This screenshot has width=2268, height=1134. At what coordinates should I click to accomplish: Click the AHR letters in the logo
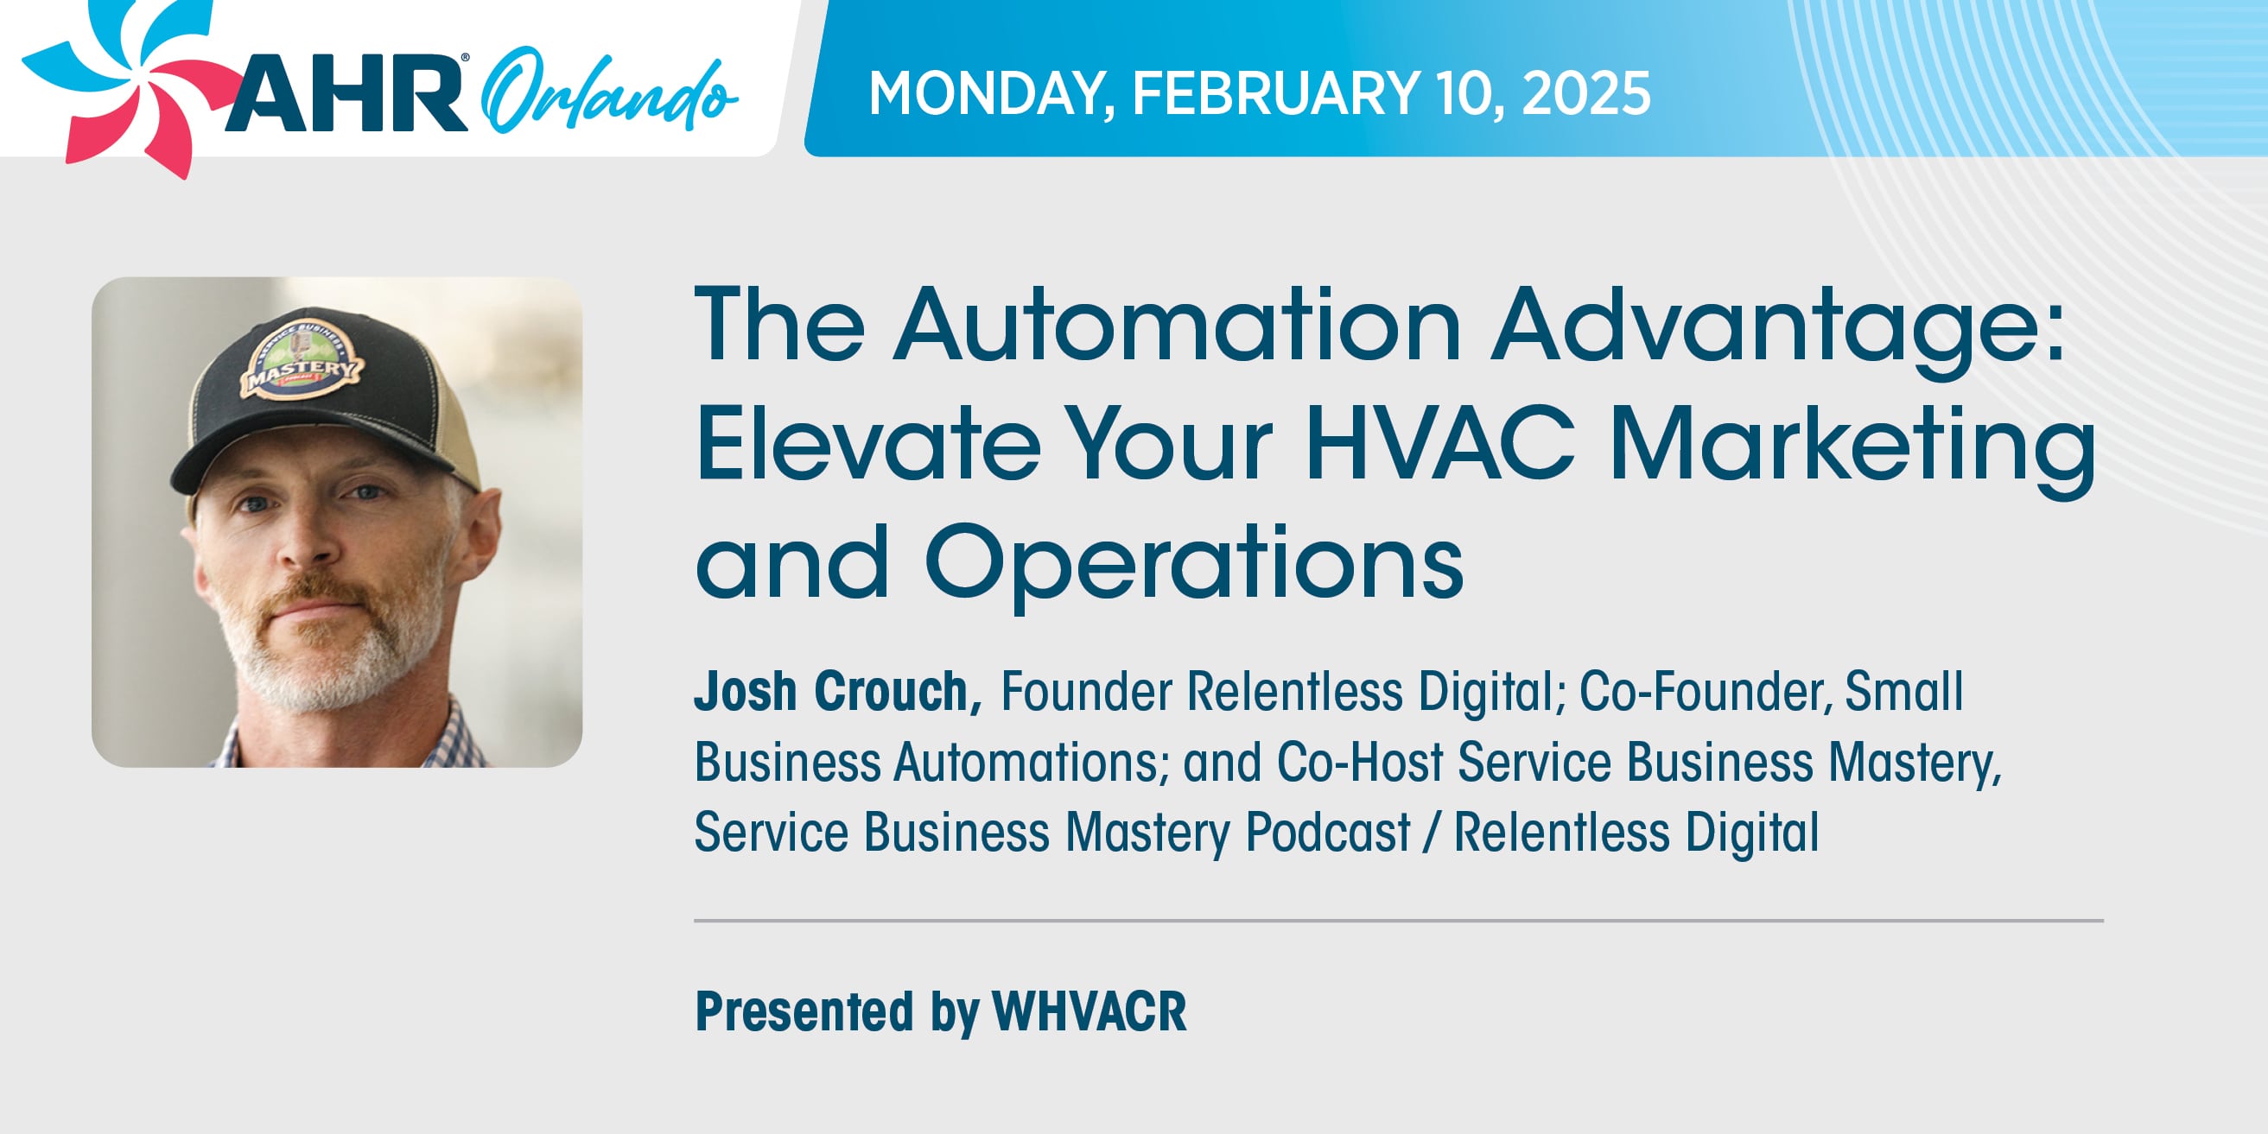345,93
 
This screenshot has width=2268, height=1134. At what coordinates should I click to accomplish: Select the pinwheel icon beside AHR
128,84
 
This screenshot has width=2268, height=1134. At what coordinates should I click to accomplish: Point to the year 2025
1585,93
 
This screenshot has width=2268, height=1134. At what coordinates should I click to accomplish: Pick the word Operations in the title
1194,563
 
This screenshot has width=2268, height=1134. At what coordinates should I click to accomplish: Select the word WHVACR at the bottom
1090,1011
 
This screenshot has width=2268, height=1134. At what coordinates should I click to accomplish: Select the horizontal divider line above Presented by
1398,921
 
